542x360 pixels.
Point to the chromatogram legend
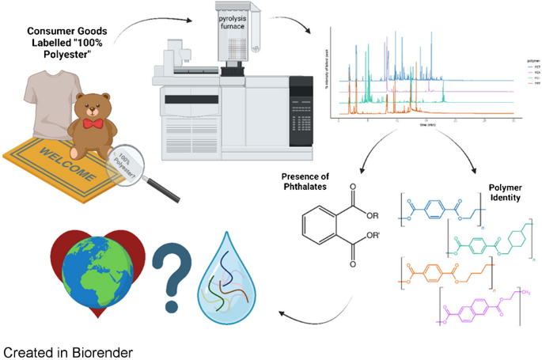[532, 71]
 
